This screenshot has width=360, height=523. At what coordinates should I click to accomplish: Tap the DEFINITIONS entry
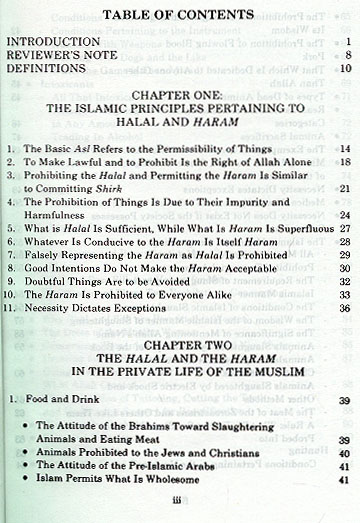pos(46,71)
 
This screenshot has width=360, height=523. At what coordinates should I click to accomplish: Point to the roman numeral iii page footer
pos(180,510)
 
